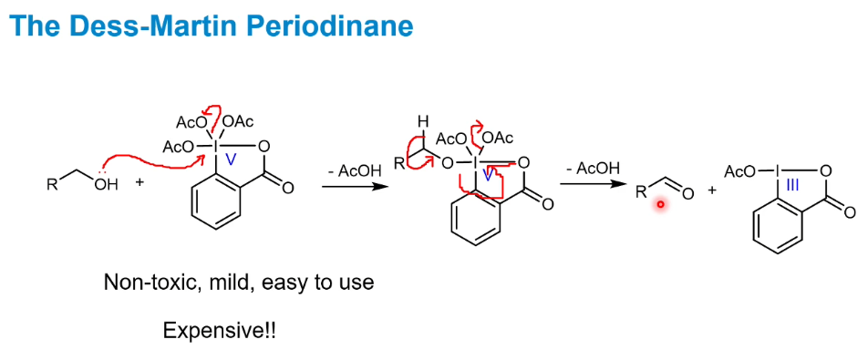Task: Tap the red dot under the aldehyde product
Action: (x=661, y=206)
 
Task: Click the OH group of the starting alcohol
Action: (x=107, y=185)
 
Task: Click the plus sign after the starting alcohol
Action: (x=139, y=183)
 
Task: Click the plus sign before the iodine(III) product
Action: (x=711, y=190)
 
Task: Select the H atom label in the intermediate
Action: (x=422, y=120)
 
